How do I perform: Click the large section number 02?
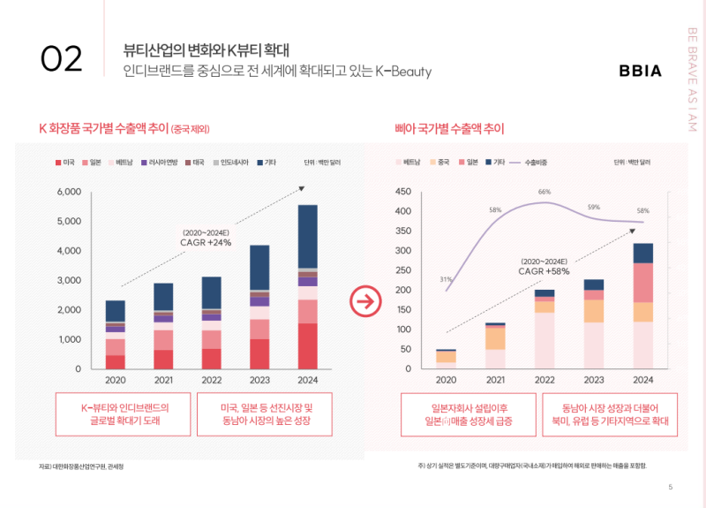62,59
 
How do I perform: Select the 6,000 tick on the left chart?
69,192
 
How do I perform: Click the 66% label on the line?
545,192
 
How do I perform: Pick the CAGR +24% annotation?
207,242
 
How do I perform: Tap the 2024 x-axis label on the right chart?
642,381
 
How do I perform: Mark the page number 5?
671,487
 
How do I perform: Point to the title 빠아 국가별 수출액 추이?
449,129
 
